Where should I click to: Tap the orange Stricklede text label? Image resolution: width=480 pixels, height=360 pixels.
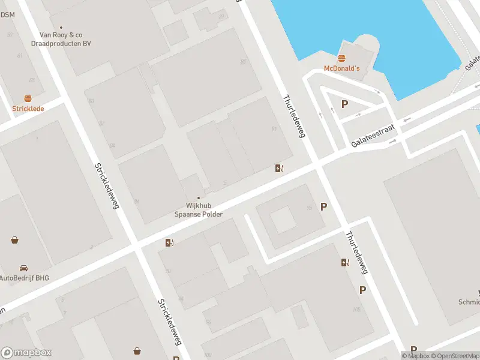pyautogui.click(x=28, y=109)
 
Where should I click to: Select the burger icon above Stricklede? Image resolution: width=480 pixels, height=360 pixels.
pyautogui.click(x=28, y=98)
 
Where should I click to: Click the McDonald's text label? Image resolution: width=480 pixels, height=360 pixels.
pyautogui.click(x=341, y=68)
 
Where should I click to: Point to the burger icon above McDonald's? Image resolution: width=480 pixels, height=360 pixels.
pyautogui.click(x=342, y=58)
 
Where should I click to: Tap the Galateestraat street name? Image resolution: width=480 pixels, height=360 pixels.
pyautogui.click(x=373, y=136)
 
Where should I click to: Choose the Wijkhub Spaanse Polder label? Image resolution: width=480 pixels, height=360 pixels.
pyautogui.click(x=198, y=210)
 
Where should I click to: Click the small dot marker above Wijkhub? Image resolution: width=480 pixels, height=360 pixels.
pyautogui.click(x=198, y=197)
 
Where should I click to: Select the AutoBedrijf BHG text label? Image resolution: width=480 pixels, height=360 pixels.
pyautogui.click(x=24, y=278)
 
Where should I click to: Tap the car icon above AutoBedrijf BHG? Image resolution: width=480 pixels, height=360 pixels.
pyautogui.click(x=23, y=268)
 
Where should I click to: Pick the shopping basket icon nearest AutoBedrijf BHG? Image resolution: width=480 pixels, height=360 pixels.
pyautogui.click(x=14, y=240)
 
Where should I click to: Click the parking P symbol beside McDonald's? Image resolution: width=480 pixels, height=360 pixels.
pyautogui.click(x=344, y=104)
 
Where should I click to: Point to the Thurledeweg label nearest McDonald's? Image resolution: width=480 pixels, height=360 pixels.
pyautogui.click(x=294, y=116)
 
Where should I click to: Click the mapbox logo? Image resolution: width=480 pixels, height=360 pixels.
pyautogui.click(x=26, y=352)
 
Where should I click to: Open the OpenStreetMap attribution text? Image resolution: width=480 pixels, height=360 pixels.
pyautogui.click(x=452, y=356)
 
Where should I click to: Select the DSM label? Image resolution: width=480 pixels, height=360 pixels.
pyautogui.click(x=7, y=16)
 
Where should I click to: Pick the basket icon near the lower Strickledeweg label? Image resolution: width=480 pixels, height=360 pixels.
pyautogui.click(x=137, y=350)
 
